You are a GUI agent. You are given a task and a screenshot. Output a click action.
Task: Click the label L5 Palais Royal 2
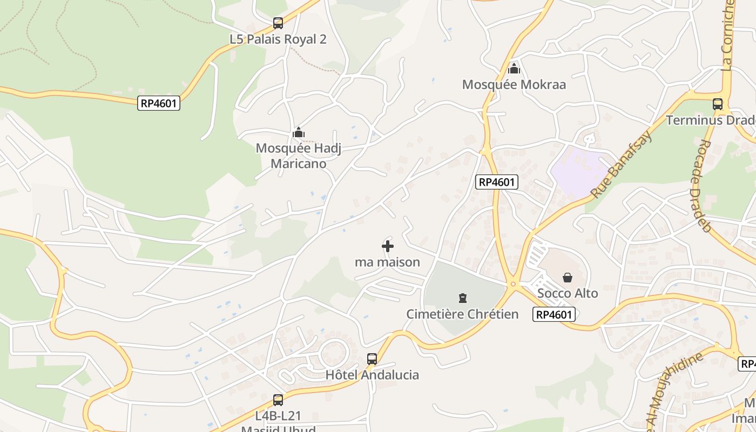278,39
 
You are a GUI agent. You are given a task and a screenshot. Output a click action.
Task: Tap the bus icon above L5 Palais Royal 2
278,23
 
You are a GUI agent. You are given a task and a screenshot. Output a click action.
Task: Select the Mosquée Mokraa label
514,85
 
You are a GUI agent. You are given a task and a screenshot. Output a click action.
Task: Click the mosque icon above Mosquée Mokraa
514,69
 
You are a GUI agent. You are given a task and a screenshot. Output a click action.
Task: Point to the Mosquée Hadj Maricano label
299,156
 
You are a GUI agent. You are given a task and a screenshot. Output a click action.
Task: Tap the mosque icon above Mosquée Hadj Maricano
299,132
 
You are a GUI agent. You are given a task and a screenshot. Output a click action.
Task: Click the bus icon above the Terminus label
718,104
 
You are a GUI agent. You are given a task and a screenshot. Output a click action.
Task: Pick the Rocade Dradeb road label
699,186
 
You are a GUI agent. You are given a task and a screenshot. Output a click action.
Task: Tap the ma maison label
387,262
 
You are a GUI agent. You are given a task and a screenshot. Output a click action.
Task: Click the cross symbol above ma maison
388,247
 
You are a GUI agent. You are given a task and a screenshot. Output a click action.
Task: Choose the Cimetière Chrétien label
462,314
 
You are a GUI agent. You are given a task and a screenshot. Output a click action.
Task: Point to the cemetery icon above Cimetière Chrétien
462,298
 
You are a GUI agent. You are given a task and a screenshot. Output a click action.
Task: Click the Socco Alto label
568,294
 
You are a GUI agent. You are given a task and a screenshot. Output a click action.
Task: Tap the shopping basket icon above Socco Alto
568,278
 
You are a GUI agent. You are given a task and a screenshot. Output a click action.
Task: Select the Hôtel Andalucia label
372,375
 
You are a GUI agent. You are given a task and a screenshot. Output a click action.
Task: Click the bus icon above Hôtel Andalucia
372,359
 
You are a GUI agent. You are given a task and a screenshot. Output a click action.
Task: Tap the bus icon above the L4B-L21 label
278,400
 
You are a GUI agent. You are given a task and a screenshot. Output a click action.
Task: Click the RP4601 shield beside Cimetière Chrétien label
554,314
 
